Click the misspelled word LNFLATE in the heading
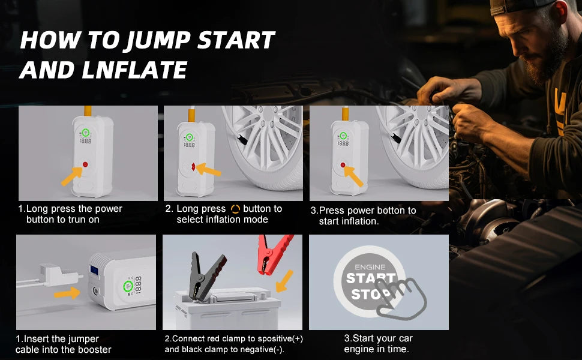[134, 70]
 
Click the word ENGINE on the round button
[370, 267]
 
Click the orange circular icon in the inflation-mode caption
[235, 209]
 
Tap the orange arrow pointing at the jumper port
[67, 293]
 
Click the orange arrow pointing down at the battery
[284, 281]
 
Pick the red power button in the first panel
[85, 164]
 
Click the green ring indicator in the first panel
[85, 132]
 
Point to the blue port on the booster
[94, 270]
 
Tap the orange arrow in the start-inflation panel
[354, 176]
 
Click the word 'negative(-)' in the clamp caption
[264, 350]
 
